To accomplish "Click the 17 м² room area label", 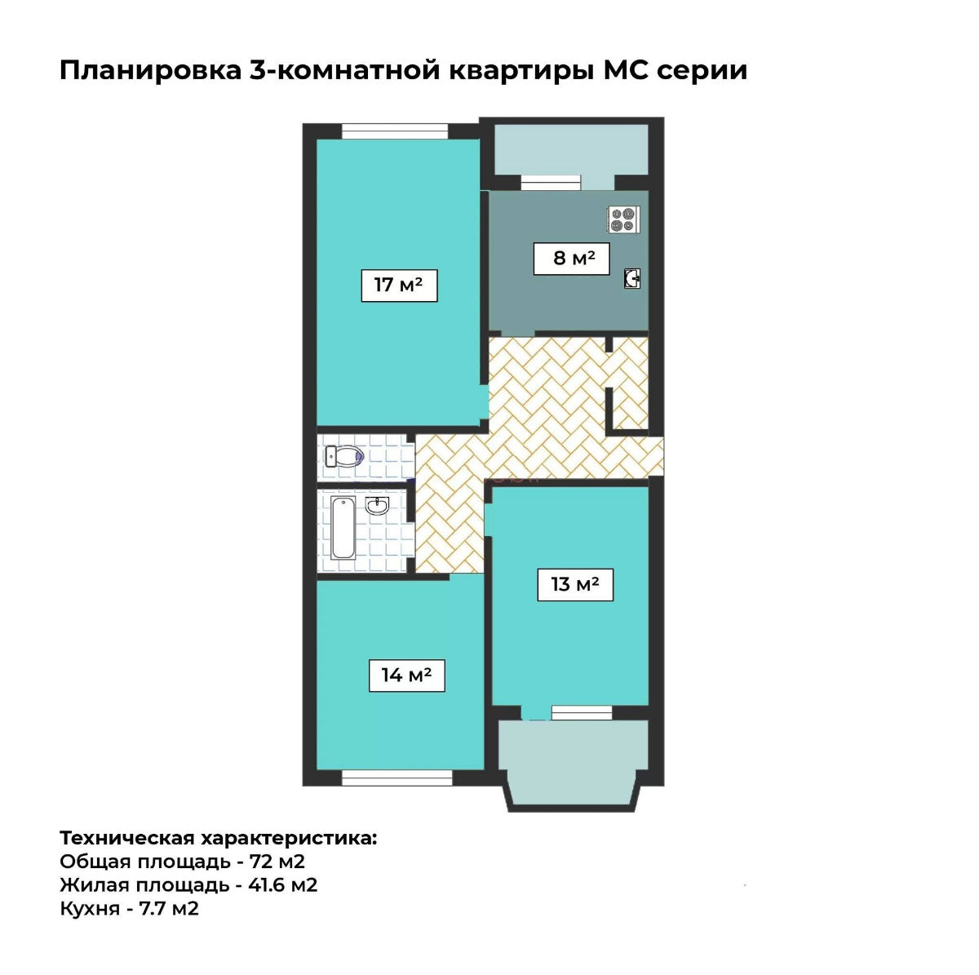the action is [x=399, y=286].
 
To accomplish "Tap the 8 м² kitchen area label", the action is [x=571, y=259].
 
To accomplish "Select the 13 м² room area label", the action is [x=575, y=585].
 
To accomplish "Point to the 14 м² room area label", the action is [x=406, y=676].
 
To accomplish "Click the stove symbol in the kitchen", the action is [x=623, y=220].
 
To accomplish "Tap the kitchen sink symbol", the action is [x=632, y=278].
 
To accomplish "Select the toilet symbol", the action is [x=344, y=456].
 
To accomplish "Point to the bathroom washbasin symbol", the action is [x=376, y=506].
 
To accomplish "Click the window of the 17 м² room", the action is [x=395, y=131].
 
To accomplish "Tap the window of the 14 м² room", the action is [x=396, y=778].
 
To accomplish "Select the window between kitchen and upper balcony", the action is [x=551, y=183].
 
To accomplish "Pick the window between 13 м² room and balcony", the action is [x=582, y=712].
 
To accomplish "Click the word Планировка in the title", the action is [x=150, y=71].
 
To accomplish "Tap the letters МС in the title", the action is [x=626, y=70].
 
